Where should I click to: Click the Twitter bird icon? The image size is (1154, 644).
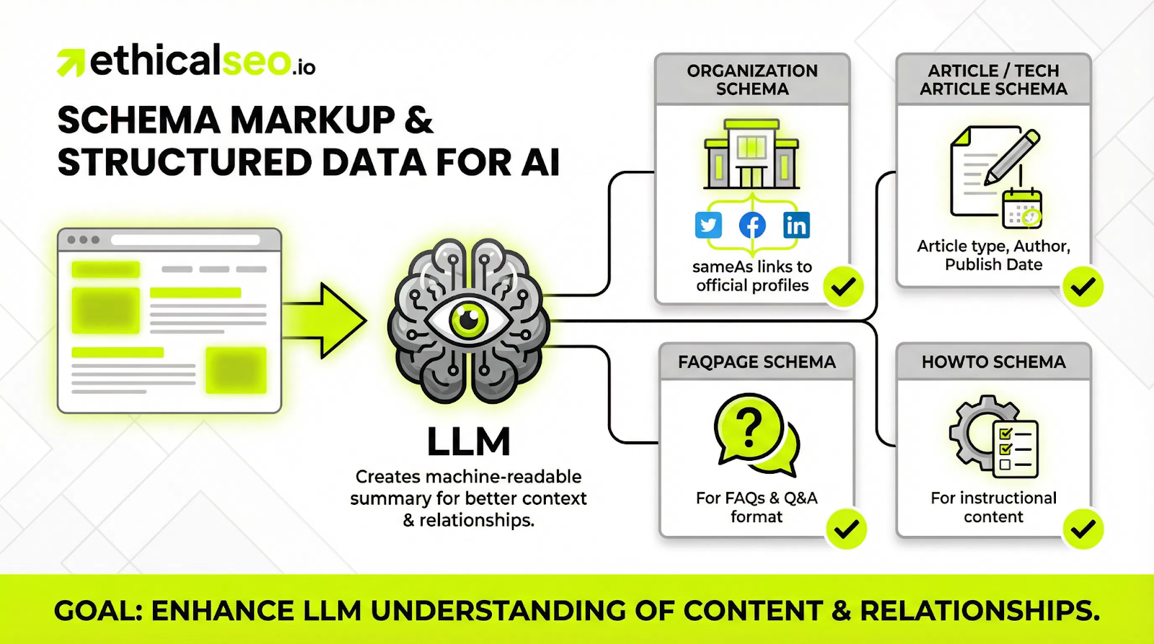pyautogui.click(x=708, y=225)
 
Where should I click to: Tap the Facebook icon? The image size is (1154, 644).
pyautogui.click(x=752, y=225)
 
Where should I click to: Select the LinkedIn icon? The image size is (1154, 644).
pyautogui.click(x=796, y=225)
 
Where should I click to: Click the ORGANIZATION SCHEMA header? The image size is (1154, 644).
pyautogui.click(x=752, y=79)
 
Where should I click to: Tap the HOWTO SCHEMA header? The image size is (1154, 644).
pyautogui.click(x=993, y=362)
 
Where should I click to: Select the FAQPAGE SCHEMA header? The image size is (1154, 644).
pyautogui.click(x=757, y=362)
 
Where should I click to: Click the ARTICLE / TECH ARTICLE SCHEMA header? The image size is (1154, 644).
pyautogui.click(x=993, y=79)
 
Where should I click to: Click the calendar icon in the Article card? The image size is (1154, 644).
pyautogui.click(x=1022, y=208)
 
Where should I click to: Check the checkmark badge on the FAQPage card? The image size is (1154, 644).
pyautogui.click(x=846, y=529)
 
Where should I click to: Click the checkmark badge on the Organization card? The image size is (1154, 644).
pyautogui.click(x=843, y=287)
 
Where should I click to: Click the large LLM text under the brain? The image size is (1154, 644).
pyautogui.click(x=469, y=441)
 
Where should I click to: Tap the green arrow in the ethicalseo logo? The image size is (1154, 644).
pyautogui.click(x=71, y=63)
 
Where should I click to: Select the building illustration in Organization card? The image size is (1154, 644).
pyautogui.click(x=752, y=154)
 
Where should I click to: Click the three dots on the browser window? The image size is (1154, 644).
pyautogui.click(x=83, y=239)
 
